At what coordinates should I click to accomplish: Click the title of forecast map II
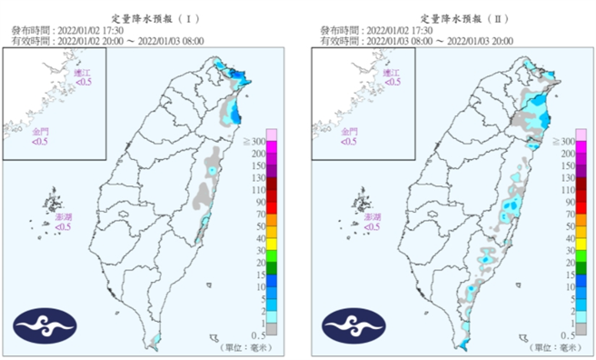[458, 17]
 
